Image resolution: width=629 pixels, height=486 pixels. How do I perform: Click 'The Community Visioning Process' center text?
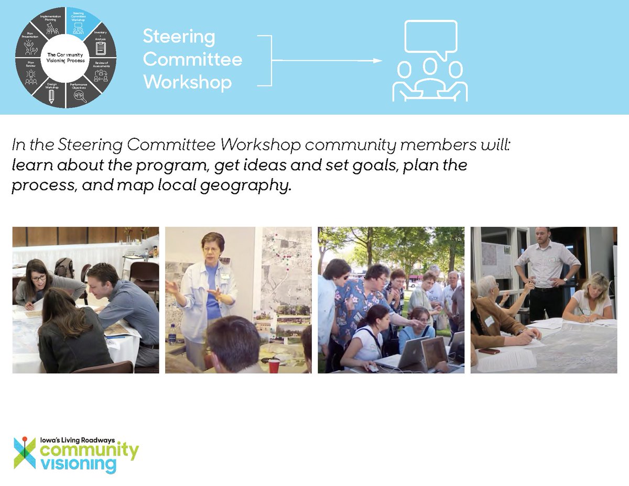66,58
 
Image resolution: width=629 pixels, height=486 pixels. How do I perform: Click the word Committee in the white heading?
192,59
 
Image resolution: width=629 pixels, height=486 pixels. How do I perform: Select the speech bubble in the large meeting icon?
431,39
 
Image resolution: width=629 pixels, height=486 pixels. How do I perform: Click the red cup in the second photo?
274,366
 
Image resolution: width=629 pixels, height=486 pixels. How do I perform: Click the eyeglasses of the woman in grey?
38,277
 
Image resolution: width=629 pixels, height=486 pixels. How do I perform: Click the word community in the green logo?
90,450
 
